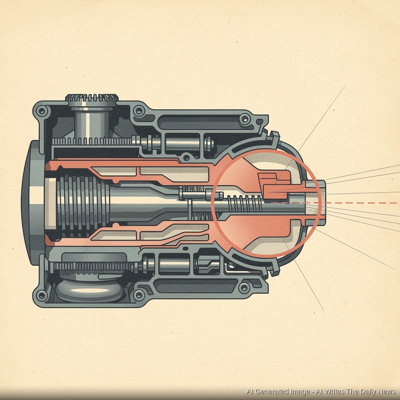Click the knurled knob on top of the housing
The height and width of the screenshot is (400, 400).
pos(92,98)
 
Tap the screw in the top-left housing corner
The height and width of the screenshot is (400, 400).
pos(41,111)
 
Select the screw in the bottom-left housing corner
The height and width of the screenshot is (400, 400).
pos(41,295)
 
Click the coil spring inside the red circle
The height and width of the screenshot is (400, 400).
pos(245,203)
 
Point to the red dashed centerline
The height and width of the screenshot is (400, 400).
pos(335,203)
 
